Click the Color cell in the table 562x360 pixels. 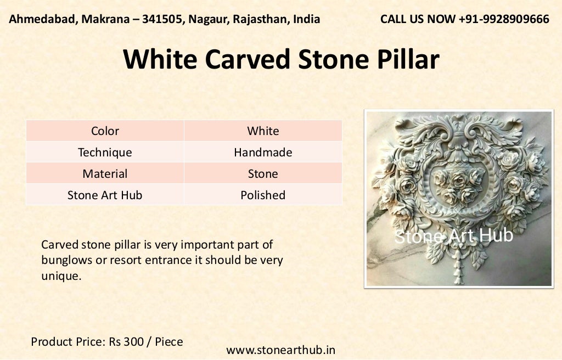pyautogui.click(x=105, y=131)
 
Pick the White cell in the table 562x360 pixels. pyautogui.click(x=263, y=131)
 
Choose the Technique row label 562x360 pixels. pyautogui.click(x=105, y=152)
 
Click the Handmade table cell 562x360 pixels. pyautogui.click(x=263, y=152)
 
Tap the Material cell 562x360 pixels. pyautogui.click(x=105, y=173)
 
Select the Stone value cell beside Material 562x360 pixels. pyautogui.click(x=263, y=173)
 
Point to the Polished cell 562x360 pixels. pyautogui.click(x=263, y=195)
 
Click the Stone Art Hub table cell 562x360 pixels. pyautogui.click(x=105, y=195)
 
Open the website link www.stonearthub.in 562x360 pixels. pyautogui.click(x=280, y=350)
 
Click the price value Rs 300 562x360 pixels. pyautogui.click(x=128, y=341)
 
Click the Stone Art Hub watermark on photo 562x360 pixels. pyautogui.click(x=453, y=236)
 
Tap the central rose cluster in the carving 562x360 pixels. pyautogui.click(x=457, y=184)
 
